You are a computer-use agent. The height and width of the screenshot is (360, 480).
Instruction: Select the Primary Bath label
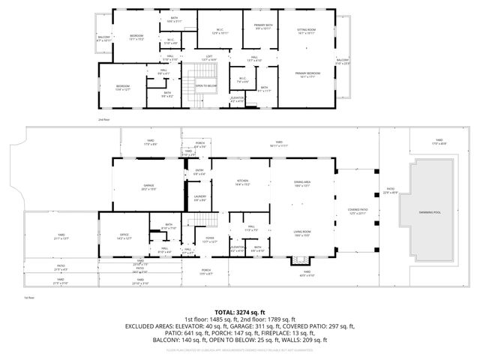pyautogui.click(x=263, y=27)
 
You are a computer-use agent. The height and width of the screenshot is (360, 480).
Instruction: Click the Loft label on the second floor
pyautogui.click(x=210, y=58)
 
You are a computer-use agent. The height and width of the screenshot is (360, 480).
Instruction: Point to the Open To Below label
pyautogui.click(x=206, y=85)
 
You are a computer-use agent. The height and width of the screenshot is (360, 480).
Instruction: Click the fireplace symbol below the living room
pyautogui.click(x=301, y=261)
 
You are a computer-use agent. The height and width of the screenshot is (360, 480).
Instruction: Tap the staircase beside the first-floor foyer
pyautogui.click(x=197, y=220)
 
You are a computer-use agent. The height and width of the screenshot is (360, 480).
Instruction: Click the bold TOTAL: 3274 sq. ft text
pyautogui.click(x=240, y=311)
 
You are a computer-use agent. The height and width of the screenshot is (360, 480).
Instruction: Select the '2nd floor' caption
pyautogui.click(x=103, y=119)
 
